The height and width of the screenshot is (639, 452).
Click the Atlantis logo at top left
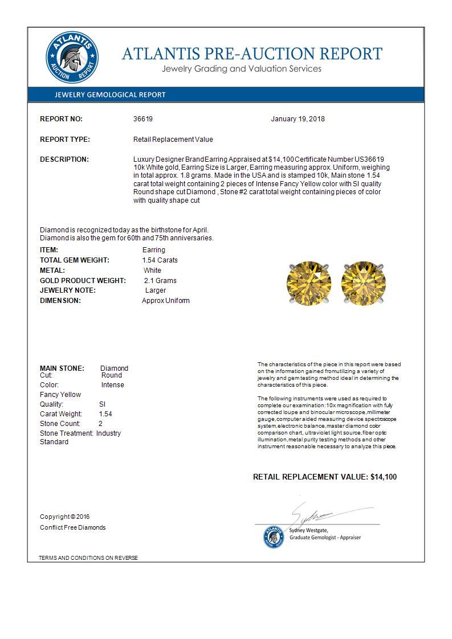tap(72, 58)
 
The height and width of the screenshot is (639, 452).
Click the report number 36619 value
tap(143, 119)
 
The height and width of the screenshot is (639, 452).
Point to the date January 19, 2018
tap(298, 119)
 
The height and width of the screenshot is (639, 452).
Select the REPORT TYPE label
tap(65, 140)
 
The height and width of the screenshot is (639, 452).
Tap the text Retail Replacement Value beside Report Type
tap(173, 140)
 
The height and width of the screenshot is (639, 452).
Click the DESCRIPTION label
tap(64, 159)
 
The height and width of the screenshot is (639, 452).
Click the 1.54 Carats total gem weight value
tap(160, 260)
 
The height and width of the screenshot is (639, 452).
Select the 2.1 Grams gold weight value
tap(160, 281)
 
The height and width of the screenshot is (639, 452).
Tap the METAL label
tap(52, 271)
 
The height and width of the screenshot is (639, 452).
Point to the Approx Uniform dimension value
tap(165, 301)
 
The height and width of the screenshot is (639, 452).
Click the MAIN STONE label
tap(62, 368)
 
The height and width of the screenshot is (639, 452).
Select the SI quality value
tap(103, 404)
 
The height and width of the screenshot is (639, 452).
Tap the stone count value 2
tap(101, 424)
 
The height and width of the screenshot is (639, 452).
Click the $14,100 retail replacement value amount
tap(384, 477)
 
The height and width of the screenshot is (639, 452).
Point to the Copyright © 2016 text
tap(65, 517)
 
